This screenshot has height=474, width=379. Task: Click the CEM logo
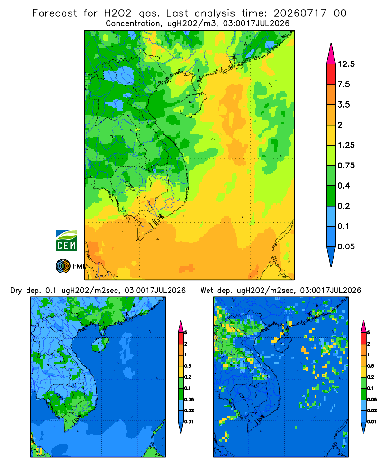pos(66,240)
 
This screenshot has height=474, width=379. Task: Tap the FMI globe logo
pos(63,266)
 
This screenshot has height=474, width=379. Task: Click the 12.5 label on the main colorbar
pos(346,64)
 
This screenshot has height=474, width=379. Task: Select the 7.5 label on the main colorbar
pos(343,84)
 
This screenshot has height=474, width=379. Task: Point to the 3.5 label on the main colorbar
pos(343,105)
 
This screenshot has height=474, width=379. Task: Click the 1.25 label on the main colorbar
pos(346,145)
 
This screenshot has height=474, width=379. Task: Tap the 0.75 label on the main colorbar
pos(346,165)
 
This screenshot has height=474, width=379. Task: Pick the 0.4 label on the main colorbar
pos(343,186)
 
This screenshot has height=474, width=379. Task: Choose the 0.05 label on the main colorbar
pos(346,246)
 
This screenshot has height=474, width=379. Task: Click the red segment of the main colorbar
pos(331,74)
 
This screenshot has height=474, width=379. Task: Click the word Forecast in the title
pos(54,13)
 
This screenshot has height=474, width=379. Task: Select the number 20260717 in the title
pos(300,13)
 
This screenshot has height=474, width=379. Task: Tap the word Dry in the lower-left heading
pos(16,291)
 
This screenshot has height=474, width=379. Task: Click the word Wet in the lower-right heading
pos(207,291)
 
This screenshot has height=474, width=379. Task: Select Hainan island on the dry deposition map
pos(100,344)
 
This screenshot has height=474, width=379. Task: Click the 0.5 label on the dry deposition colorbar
pos(188,366)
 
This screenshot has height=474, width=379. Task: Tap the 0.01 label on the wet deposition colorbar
pos(372,422)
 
